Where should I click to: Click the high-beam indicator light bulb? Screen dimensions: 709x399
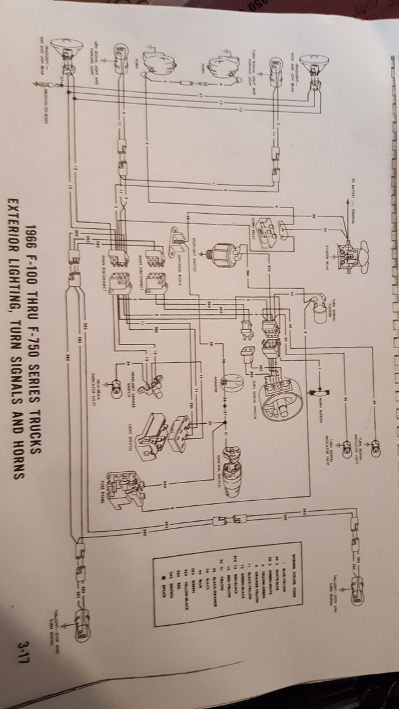[116, 392]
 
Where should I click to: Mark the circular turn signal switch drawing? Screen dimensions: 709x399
[282, 385]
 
